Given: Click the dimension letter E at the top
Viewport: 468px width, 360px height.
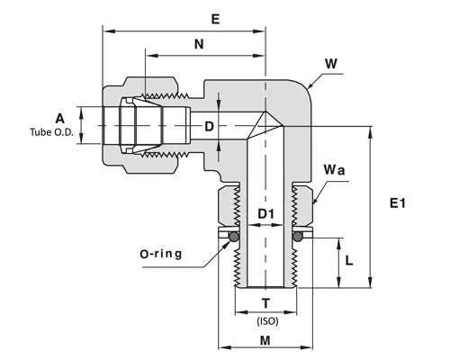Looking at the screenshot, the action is click(x=215, y=20).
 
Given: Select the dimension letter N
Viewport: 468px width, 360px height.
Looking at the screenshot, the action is click(x=199, y=44).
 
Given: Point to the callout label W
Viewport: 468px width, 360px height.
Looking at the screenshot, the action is click(x=331, y=64).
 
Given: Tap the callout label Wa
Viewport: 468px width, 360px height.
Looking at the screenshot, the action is click(x=334, y=170).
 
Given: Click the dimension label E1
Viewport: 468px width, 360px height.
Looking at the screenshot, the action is click(x=398, y=203).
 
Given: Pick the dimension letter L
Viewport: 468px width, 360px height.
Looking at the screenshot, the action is click(x=349, y=261).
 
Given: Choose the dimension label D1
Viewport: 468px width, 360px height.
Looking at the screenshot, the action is click(x=266, y=214).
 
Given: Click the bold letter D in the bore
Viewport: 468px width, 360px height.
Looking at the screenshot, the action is click(x=209, y=126).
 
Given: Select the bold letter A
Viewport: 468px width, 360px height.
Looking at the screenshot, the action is click(x=60, y=119).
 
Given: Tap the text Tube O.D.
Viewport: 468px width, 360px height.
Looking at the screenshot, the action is click(x=51, y=132).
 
